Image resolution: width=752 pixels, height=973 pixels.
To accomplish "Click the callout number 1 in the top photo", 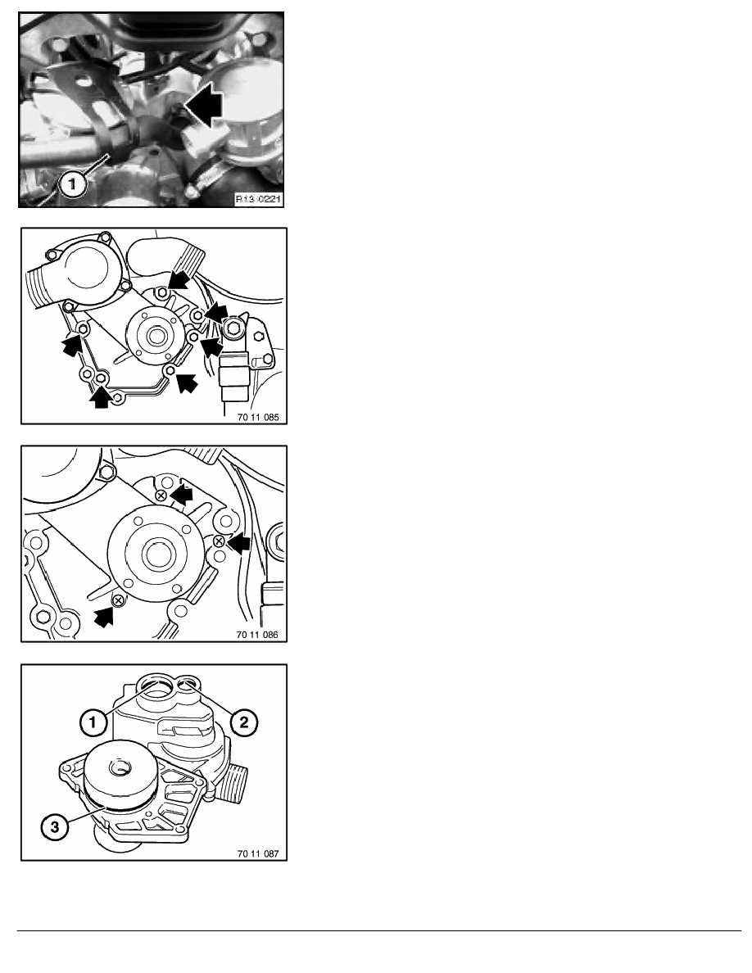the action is (x=73, y=183).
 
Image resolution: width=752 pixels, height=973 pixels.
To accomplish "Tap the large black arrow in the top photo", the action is (x=204, y=106).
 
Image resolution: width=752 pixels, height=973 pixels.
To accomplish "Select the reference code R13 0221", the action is (x=258, y=199).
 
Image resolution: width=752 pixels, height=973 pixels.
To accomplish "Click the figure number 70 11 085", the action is (x=258, y=417).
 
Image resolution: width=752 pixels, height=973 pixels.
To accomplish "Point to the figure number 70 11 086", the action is (x=257, y=635).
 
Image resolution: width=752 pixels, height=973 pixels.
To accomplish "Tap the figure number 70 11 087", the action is (x=258, y=853).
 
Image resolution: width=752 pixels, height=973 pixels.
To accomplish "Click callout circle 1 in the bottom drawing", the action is (x=93, y=722).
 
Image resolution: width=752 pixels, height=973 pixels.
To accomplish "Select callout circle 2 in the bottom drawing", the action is (x=244, y=722).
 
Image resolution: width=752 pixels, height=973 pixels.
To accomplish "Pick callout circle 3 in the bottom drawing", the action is (x=55, y=826).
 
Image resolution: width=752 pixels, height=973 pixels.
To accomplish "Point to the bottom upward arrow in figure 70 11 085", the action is (x=100, y=397).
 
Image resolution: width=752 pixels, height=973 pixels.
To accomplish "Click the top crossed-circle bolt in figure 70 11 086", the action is (x=161, y=496).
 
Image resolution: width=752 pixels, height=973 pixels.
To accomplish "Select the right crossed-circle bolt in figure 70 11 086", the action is (x=219, y=541).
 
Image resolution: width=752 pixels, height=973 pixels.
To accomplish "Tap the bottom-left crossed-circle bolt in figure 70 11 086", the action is (x=117, y=600).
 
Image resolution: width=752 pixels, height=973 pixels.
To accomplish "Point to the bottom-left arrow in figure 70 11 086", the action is (x=105, y=617).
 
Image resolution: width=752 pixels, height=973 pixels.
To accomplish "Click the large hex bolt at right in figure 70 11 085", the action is (x=234, y=328).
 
